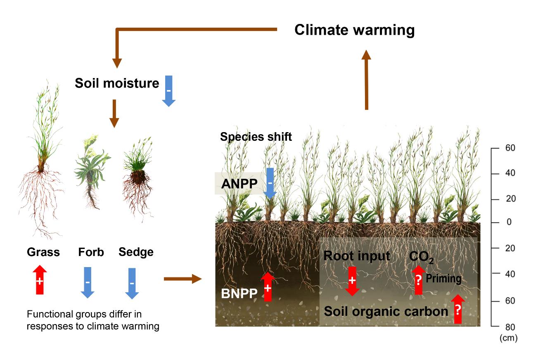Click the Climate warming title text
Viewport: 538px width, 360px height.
coord(355,30)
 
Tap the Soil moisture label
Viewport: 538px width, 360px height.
coord(117,83)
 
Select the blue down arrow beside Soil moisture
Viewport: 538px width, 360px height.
coord(168,91)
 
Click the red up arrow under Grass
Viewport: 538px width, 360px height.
coord(40,279)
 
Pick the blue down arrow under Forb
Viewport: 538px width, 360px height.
coord(88,282)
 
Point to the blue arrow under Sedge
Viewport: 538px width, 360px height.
coord(132,283)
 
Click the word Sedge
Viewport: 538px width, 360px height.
coord(136,252)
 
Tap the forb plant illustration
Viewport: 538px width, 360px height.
coord(92,172)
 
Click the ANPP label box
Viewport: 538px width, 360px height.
coord(239,184)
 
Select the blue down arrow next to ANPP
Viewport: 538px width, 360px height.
coord(270,183)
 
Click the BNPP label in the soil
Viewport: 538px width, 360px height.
coord(239,294)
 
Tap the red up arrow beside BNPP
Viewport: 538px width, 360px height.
coord(268,287)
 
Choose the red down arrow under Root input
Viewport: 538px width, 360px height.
coord(352,281)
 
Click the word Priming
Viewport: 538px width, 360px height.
coord(443,279)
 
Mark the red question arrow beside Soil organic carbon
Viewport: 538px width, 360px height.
coord(458,309)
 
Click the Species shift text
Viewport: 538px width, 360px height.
coord(256,137)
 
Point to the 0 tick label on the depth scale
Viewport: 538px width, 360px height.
coord(509,222)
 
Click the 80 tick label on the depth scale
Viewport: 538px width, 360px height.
coord(510,327)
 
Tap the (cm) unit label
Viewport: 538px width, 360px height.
coord(508,338)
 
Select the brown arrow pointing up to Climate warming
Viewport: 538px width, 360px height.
coord(367,80)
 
